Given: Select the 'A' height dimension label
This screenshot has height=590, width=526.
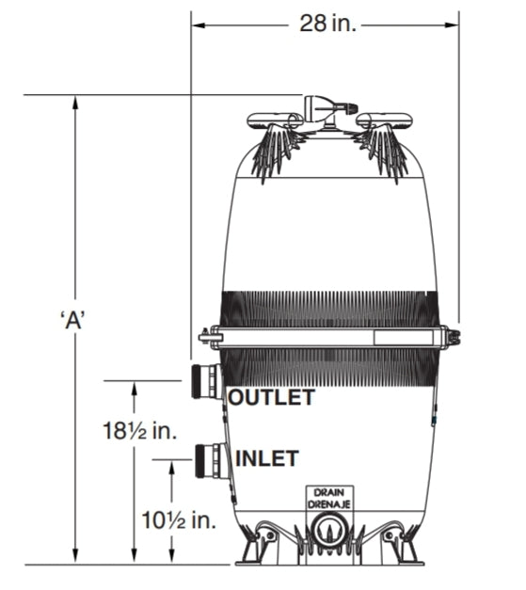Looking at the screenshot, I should click(x=72, y=319).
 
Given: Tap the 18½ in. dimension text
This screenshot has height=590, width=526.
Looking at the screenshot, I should click(x=140, y=432).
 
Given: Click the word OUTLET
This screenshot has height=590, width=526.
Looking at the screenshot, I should click(x=271, y=398).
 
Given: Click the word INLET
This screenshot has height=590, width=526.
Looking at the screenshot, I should click(x=266, y=459).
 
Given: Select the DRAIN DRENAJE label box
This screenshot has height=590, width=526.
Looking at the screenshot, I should click(x=328, y=498).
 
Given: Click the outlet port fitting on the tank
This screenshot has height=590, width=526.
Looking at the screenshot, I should click(x=206, y=381).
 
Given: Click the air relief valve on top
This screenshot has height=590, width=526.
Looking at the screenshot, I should click(x=325, y=106).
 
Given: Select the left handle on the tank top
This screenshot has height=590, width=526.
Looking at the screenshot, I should click(x=274, y=120).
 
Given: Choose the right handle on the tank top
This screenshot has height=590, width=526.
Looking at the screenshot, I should click(x=387, y=120).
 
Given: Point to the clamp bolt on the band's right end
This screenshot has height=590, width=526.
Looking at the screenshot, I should click(x=453, y=337).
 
